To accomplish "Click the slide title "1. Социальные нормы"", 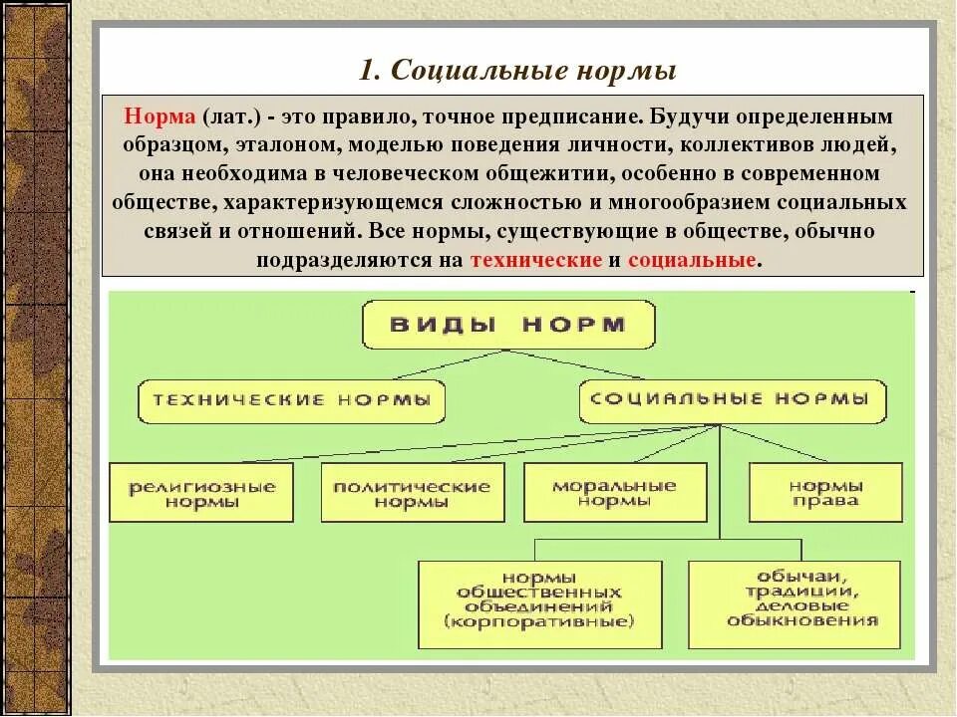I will [517, 71].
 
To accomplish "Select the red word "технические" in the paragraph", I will [535, 260].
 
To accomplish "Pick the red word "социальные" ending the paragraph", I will [693, 260].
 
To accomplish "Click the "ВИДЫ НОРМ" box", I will [508, 325].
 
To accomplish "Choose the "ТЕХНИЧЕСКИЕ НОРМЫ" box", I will [291, 400].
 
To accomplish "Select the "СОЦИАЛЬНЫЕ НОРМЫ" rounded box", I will [731, 399].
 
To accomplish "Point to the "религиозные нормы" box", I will [201, 493].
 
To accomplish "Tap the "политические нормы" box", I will [412, 493].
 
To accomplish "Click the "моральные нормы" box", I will [614, 492].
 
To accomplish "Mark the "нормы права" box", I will [825, 493].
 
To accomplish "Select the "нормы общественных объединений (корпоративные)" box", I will [539, 604].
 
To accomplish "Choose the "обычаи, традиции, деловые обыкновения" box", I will [794, 604].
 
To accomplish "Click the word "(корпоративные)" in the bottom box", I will [539, 623].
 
